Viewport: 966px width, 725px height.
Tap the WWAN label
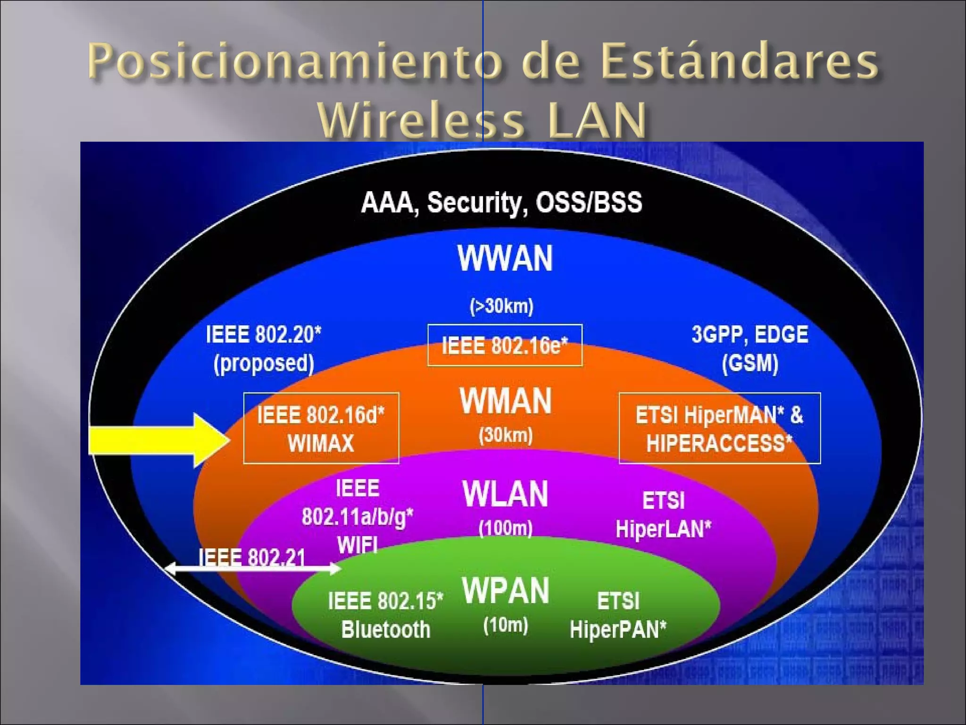tap(505, 258)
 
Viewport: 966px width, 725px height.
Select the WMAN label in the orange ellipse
tap(505, 401)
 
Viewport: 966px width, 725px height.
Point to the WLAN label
tap(505, 494)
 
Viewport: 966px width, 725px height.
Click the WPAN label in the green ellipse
tap(505, 590)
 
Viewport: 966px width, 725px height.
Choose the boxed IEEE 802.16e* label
tap(505, 346)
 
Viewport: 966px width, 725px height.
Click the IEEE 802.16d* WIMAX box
tap(321, 428)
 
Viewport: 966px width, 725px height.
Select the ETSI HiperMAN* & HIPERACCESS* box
tap(719, 428)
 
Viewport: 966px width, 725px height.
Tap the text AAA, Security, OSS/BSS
tap(501, 202)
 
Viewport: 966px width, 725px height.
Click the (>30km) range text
tap(501, 306)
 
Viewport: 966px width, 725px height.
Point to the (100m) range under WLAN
tap(505, 528)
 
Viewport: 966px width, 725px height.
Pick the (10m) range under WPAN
tap(505, 625)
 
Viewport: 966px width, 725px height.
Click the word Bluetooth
tap(385, 630)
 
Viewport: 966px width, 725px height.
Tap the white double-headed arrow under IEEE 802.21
tap(252, 569)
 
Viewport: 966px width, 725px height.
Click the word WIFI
tap(358, 545)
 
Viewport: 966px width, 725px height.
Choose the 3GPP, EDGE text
tap(749, 334)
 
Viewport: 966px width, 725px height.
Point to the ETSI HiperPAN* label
tap(618, 615)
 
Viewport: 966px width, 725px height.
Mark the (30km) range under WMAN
tap(505, 435)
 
